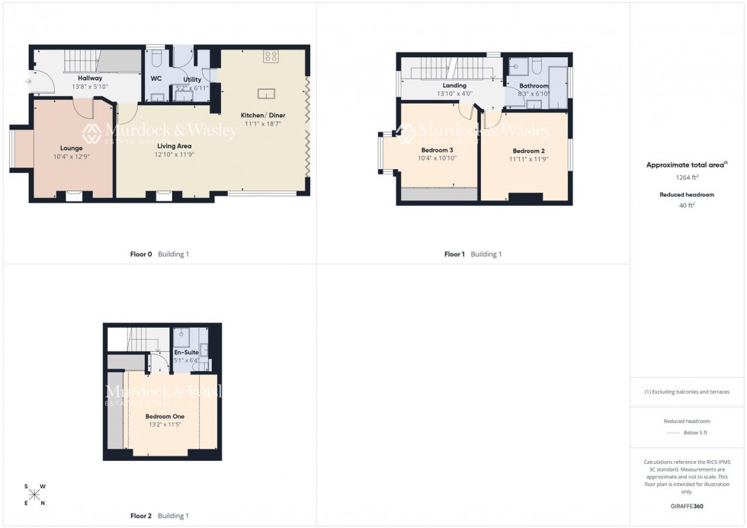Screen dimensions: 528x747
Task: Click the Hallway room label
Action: click(90, 78)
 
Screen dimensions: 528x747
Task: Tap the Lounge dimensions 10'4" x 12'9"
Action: click(72, 156)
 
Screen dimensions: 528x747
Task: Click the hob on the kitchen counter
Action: click(271, 56)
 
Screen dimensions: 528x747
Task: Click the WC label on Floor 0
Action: click(155, 78)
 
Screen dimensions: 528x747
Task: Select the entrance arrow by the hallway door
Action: click(28, 81)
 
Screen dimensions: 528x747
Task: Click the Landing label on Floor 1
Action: click(454, 85)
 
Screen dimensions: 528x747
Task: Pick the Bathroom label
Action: click(534, 86)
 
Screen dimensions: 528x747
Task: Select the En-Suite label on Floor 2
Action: click(186, 352)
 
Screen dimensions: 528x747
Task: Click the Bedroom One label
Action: click(165, 416)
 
